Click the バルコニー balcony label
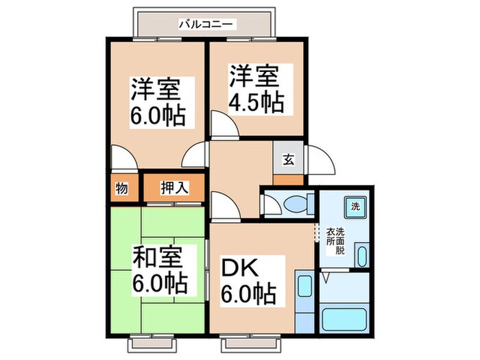tap(206, 24)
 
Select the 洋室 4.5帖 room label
tap(256, 88)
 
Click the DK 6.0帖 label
tap(248, 281)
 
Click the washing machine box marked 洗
tap(355, 206)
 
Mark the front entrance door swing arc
tap(320, 161)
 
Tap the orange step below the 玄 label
tap(288, 180)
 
